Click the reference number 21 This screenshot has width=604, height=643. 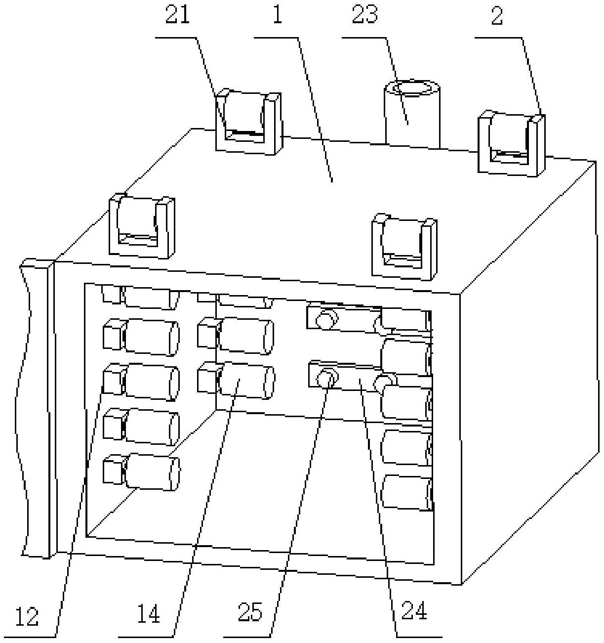[177, 17]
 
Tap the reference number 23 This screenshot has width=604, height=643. [365, 15]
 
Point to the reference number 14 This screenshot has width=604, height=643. [148, 614]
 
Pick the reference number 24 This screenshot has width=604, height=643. [414, 611]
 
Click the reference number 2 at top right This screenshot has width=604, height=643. [497, 16]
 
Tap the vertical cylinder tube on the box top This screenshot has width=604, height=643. [412, 114]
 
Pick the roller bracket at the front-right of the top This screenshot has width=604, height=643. [404, 247]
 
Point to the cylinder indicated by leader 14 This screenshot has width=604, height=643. [245, 381]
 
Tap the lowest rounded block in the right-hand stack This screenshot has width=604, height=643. [406, 492]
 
